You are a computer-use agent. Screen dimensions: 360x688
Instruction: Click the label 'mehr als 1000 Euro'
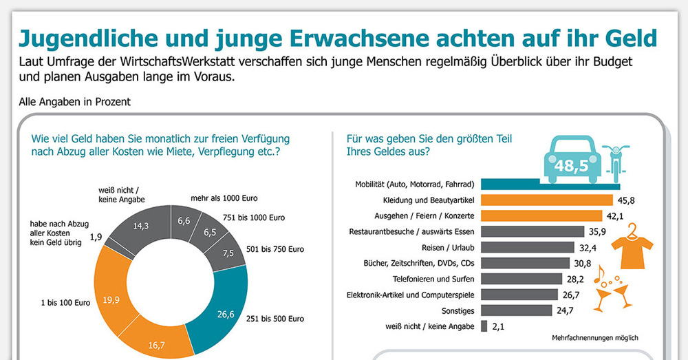click(224, 198)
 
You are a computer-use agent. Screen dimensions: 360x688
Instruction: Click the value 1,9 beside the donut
click(96, 237)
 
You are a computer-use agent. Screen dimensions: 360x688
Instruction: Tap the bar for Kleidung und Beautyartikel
click(547, 200)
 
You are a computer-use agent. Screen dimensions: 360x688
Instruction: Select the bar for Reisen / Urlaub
click(528, 247)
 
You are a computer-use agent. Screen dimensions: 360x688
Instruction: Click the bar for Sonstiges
click(516, 310)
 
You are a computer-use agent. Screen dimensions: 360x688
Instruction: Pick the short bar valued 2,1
click(484, 326)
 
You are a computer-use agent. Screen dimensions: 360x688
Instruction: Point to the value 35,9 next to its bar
click(596, 232)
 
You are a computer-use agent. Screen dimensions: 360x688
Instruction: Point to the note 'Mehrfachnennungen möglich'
click(595, 339)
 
